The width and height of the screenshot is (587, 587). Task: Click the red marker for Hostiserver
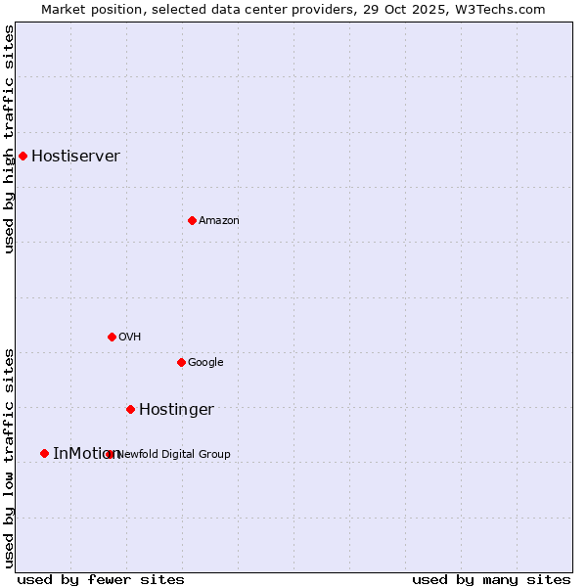tap(23, 156)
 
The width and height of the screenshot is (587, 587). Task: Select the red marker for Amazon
tap(192, 220)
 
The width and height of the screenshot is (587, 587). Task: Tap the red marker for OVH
tap(112, 337)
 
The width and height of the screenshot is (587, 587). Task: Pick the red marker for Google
tap(181, 362)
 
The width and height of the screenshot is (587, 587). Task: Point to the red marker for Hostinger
tap(130, 409)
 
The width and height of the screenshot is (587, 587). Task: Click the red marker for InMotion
tap(44, 453)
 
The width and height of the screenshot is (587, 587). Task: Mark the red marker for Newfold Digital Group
tap(110, 454)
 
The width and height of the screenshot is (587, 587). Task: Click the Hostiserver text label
tap(75, 157)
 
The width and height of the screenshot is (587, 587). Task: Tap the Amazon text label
tap(219, 221)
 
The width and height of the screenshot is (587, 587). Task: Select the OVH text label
tap(130, 338)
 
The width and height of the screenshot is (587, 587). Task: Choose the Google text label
tap(205, 363)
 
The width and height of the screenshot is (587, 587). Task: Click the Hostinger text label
tap(176, 410)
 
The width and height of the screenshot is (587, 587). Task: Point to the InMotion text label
tap(84, 454)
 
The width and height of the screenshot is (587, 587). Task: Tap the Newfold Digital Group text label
tap(174, 454)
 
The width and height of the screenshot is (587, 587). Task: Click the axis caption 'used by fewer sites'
tap(101, 580)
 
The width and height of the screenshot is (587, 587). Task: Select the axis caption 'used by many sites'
tap(491, 580)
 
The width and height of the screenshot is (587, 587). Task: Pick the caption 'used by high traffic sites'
tap(10, 139)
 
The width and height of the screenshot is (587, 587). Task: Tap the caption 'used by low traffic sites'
tap(10, 457)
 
